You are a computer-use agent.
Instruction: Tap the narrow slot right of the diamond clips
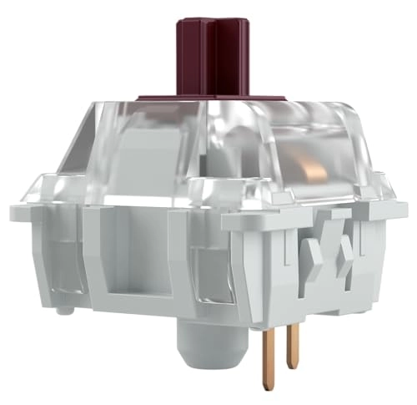[368, 251]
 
